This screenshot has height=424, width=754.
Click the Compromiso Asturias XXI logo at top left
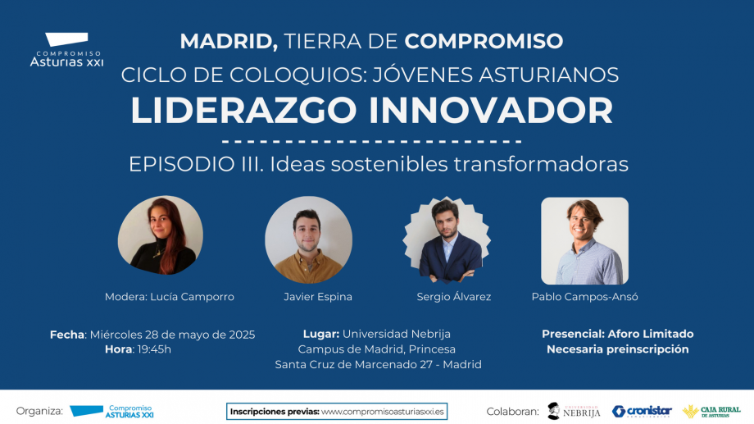coord(66,49)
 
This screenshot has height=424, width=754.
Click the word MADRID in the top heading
coord(229,41)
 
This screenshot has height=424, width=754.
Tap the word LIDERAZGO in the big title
coord(243,111)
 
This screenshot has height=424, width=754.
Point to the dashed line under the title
coord(372,142)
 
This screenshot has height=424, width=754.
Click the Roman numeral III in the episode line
coord(252,164)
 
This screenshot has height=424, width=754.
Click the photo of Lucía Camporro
coord(160,235)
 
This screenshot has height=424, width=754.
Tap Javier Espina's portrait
coord(308,239)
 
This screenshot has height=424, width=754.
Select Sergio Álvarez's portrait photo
coord(447,239)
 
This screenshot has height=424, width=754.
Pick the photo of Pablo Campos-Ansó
coord(584,240)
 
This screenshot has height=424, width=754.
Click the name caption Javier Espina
coord(318,297)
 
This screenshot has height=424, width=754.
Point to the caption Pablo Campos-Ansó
coord(584,297)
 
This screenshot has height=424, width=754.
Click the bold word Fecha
coord(67,335)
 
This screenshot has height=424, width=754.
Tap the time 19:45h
coord(154,349)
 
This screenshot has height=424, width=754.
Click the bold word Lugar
coord(321,334)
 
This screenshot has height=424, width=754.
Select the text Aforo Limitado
coord(651,334)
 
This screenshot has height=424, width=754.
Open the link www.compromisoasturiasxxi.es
coord(383,412)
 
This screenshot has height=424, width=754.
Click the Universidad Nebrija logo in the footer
coord(574,411)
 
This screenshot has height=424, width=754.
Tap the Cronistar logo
coord(642,412)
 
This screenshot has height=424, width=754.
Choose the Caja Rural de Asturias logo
coord(711,412)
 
